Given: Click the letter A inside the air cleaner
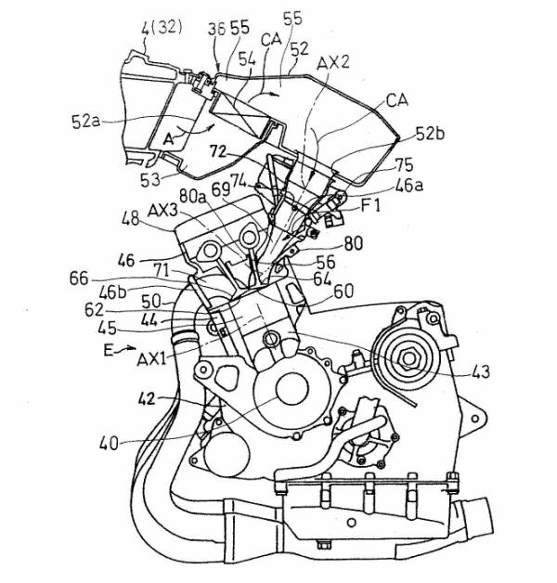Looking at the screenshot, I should point(170,136).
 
